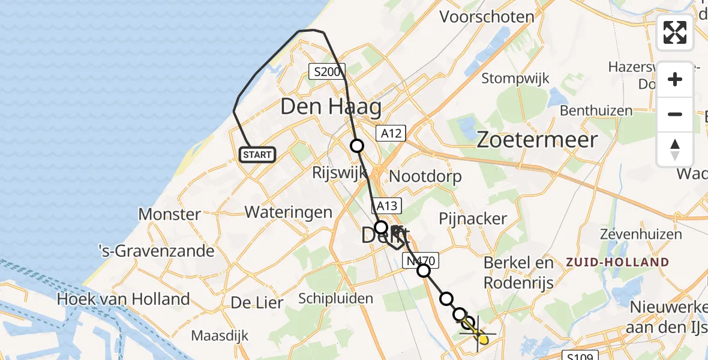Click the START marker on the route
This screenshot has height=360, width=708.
click(257, 155)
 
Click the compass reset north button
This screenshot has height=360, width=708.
click(675, 149)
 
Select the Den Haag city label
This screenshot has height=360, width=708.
click(331, 107)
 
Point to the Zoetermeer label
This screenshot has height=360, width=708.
click(537, 140)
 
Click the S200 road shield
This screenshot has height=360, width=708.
click(327, 72)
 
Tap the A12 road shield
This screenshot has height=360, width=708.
click(391, 133)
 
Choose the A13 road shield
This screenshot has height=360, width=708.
click(387, 206)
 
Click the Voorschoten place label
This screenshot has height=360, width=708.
click(487, 16)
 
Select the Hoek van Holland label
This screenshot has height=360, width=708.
click(123, 299)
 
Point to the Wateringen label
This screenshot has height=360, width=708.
click(289, 212)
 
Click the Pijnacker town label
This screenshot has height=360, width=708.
click(473, 219)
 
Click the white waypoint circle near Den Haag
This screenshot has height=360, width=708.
click(357, 145)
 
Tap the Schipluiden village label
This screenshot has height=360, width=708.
click(335, 299)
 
